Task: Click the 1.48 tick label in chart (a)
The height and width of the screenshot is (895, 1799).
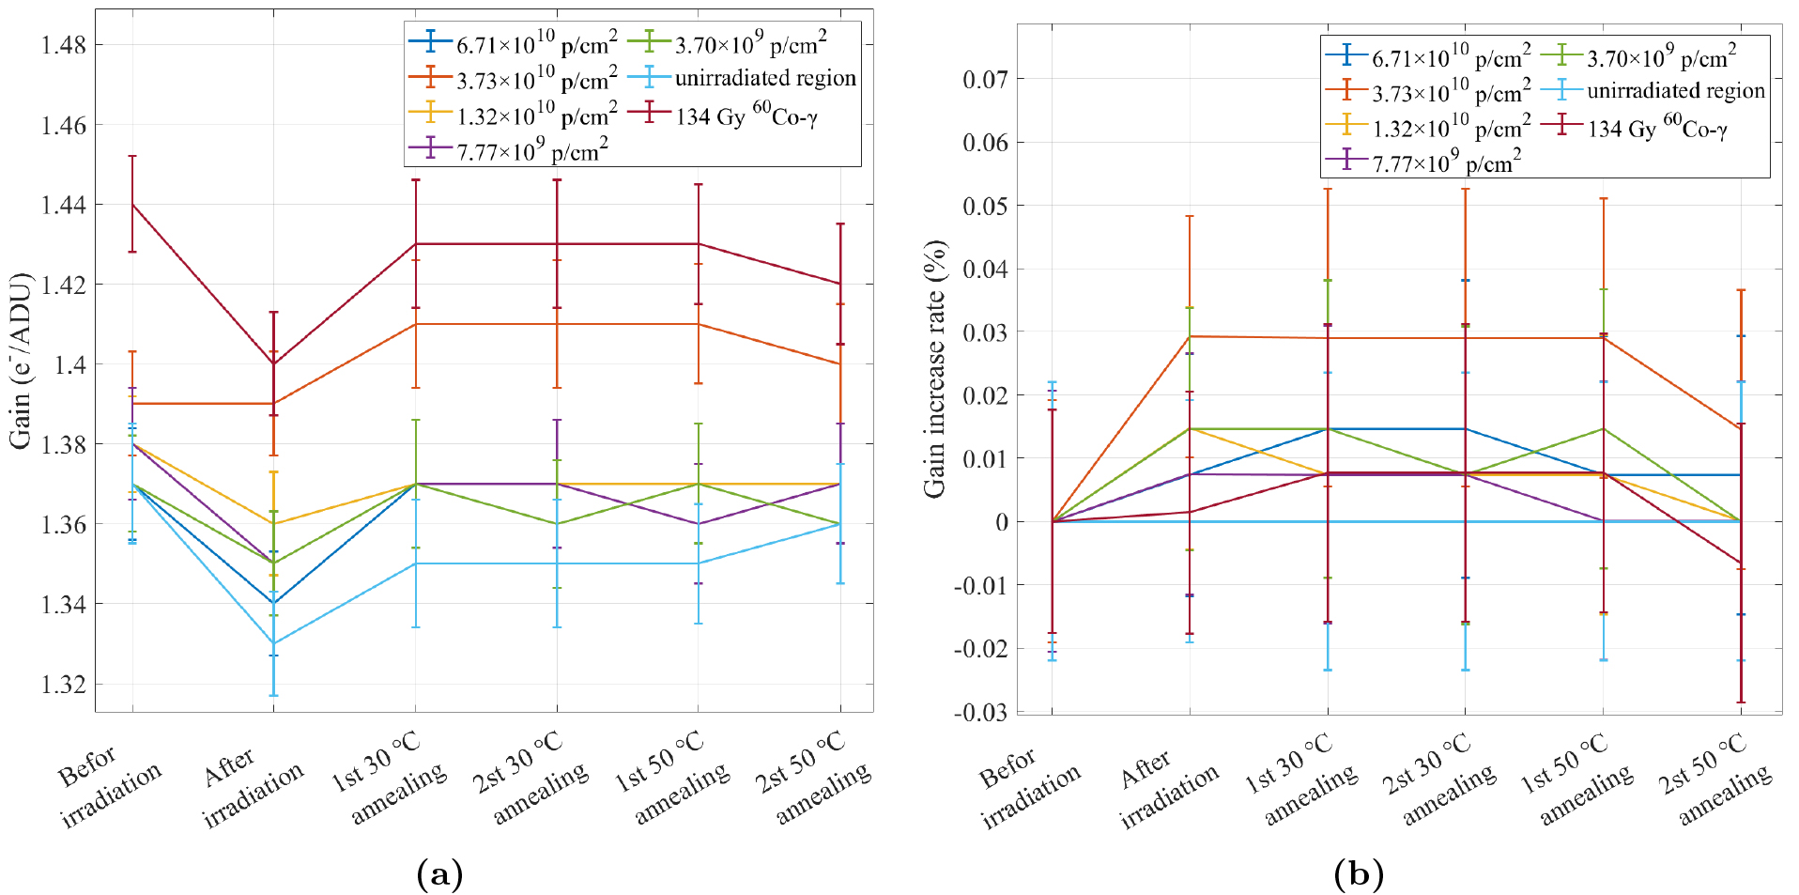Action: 63,45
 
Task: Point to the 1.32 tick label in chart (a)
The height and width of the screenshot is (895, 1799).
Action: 63,684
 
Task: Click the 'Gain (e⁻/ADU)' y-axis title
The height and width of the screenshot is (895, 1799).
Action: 21,362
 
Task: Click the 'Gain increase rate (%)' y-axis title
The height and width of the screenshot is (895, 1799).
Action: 935,368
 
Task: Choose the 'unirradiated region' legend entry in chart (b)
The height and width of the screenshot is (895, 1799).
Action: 1675,91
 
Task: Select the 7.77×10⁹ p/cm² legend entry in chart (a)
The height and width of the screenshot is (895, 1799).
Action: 531,150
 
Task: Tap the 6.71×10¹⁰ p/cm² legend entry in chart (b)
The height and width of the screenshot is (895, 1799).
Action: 1451,56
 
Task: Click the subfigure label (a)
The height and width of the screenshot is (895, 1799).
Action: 438,874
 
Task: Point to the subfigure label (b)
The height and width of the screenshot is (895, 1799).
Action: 1358,874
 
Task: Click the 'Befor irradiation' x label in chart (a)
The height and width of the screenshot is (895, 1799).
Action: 108,784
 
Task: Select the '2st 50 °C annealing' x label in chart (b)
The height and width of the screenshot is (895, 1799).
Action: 1714,779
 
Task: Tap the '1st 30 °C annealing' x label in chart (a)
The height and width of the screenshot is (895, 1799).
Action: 390,779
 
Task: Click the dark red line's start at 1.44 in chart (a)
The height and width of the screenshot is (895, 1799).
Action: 132,205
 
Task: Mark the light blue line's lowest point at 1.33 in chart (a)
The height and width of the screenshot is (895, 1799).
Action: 273,643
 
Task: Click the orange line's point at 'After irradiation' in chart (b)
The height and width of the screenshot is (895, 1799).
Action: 1190,336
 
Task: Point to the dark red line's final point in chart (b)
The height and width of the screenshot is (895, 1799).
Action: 1741,563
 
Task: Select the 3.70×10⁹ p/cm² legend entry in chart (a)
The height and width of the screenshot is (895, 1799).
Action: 750,43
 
